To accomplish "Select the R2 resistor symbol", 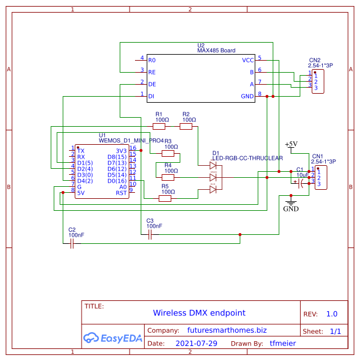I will click(x=186, y=127).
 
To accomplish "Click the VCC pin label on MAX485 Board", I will click(x=247, y=60).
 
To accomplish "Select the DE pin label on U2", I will click(x=152, y=84).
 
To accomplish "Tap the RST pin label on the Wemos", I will click(x=121, y=193).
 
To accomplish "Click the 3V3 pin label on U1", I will click(x=121, y=151).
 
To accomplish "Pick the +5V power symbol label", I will click(x=290, y=144).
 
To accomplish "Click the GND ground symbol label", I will click(x=290, y=210).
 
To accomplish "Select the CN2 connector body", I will click(x=319, y=81).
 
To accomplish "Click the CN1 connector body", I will click(x=321, y=178).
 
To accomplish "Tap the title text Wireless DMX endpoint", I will click(x=199, y=313).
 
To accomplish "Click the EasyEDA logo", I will click(x=113, y=338).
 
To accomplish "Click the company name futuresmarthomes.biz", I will click(x=226, y=330).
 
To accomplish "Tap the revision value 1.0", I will click(x=332, y=314).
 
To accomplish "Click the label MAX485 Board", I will click(x=216, y=51).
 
